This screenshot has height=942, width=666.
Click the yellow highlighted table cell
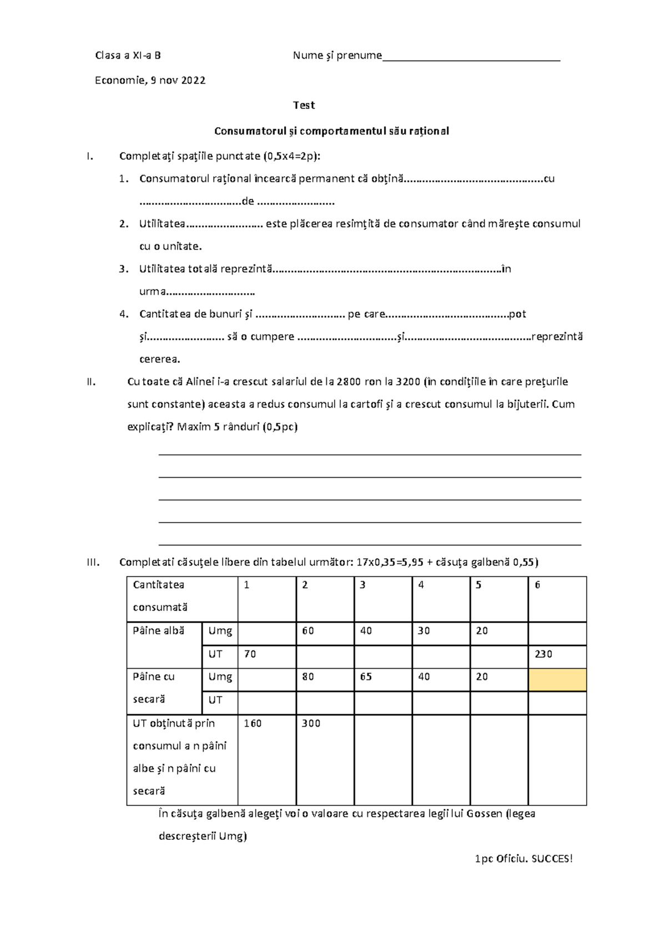pos(557,680)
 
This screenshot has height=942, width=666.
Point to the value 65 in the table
pos(366,677)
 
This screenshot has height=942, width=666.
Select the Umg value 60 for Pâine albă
pos(308,631)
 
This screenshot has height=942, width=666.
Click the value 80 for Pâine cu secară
pos(308,677)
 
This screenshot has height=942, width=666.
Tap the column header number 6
pos(537,585)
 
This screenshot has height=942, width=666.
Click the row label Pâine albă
pos(159,631)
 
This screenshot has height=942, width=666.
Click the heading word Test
pos(304,106)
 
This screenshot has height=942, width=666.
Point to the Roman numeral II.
pos(91,382)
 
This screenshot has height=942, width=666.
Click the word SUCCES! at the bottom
pos(552,859)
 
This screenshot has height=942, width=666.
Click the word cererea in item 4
pos(159,359)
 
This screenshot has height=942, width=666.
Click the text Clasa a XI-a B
pos(128,56)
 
